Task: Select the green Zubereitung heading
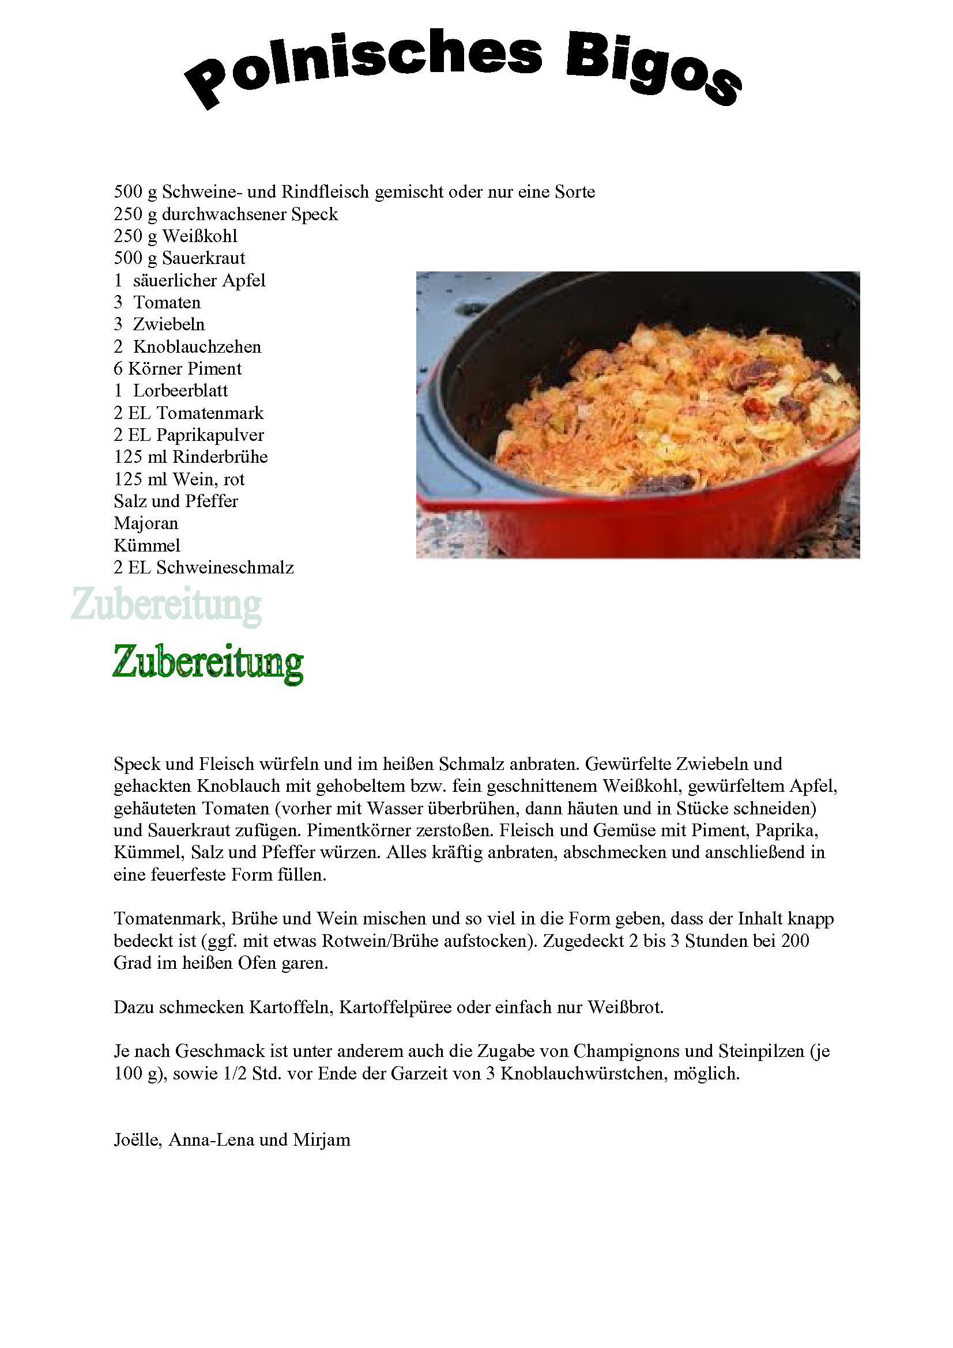point(208,663)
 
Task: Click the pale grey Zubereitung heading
point(166,605)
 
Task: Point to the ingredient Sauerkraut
point(203,258)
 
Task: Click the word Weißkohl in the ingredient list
point(199,236)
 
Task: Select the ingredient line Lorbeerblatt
point(180,390)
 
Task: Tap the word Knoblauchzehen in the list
point(197,346)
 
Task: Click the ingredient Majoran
point(146,523)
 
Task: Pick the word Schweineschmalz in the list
point(225,567)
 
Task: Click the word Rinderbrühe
point(220,457)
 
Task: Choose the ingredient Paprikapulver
point(210,435)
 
